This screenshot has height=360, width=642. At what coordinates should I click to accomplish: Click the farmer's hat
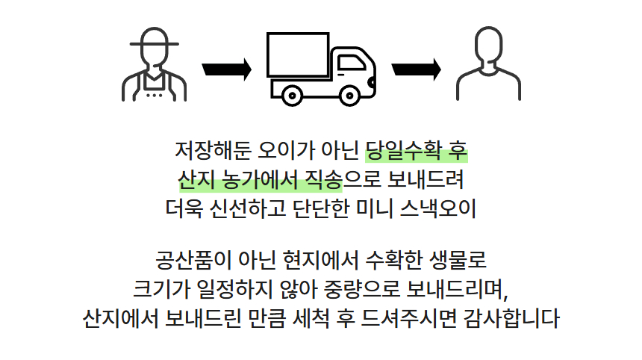[155, 38]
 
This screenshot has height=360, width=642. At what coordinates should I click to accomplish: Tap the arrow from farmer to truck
[226, 69]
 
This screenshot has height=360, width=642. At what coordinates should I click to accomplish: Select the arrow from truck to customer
[416, 69]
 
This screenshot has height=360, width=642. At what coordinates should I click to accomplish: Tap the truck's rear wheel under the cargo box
[286, 94]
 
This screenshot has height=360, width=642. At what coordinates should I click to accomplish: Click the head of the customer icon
[489, 47]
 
